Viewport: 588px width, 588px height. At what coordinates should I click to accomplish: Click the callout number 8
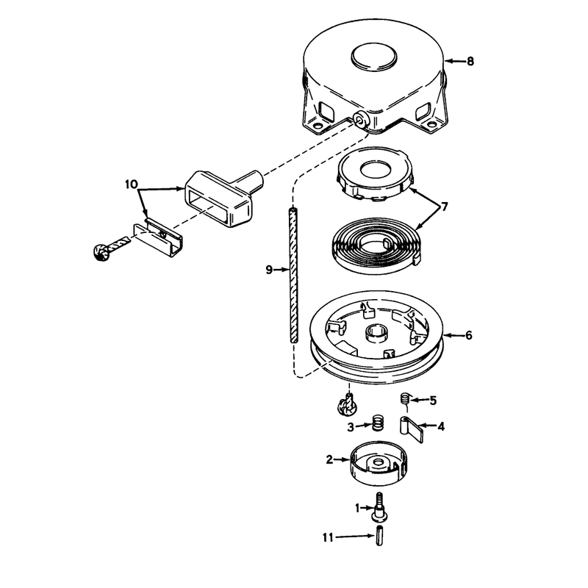pos(470,61)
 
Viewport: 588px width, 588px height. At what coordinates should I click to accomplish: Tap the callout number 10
pos(132,184)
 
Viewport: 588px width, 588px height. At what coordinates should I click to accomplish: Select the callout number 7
pos(444,207)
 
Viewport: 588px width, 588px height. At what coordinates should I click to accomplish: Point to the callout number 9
pos(269,270)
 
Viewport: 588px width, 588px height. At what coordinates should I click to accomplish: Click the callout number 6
pos(469,335)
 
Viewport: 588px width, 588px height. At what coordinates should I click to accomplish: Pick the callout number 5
pos(433,401)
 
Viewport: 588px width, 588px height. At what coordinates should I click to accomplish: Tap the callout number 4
pos(441,426)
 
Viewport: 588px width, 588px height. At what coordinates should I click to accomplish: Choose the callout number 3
pos(351,427)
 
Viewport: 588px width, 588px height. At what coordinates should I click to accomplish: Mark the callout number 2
pos(329,459)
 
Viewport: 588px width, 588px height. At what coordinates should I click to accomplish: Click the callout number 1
pos(357,508)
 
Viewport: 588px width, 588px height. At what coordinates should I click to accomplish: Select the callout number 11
pos(328,538)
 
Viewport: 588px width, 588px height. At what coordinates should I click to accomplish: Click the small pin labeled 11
pos(379,537)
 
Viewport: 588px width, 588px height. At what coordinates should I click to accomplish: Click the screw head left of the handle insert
pos(100,251)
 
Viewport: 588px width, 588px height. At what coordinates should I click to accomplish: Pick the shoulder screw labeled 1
pos(379,508)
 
